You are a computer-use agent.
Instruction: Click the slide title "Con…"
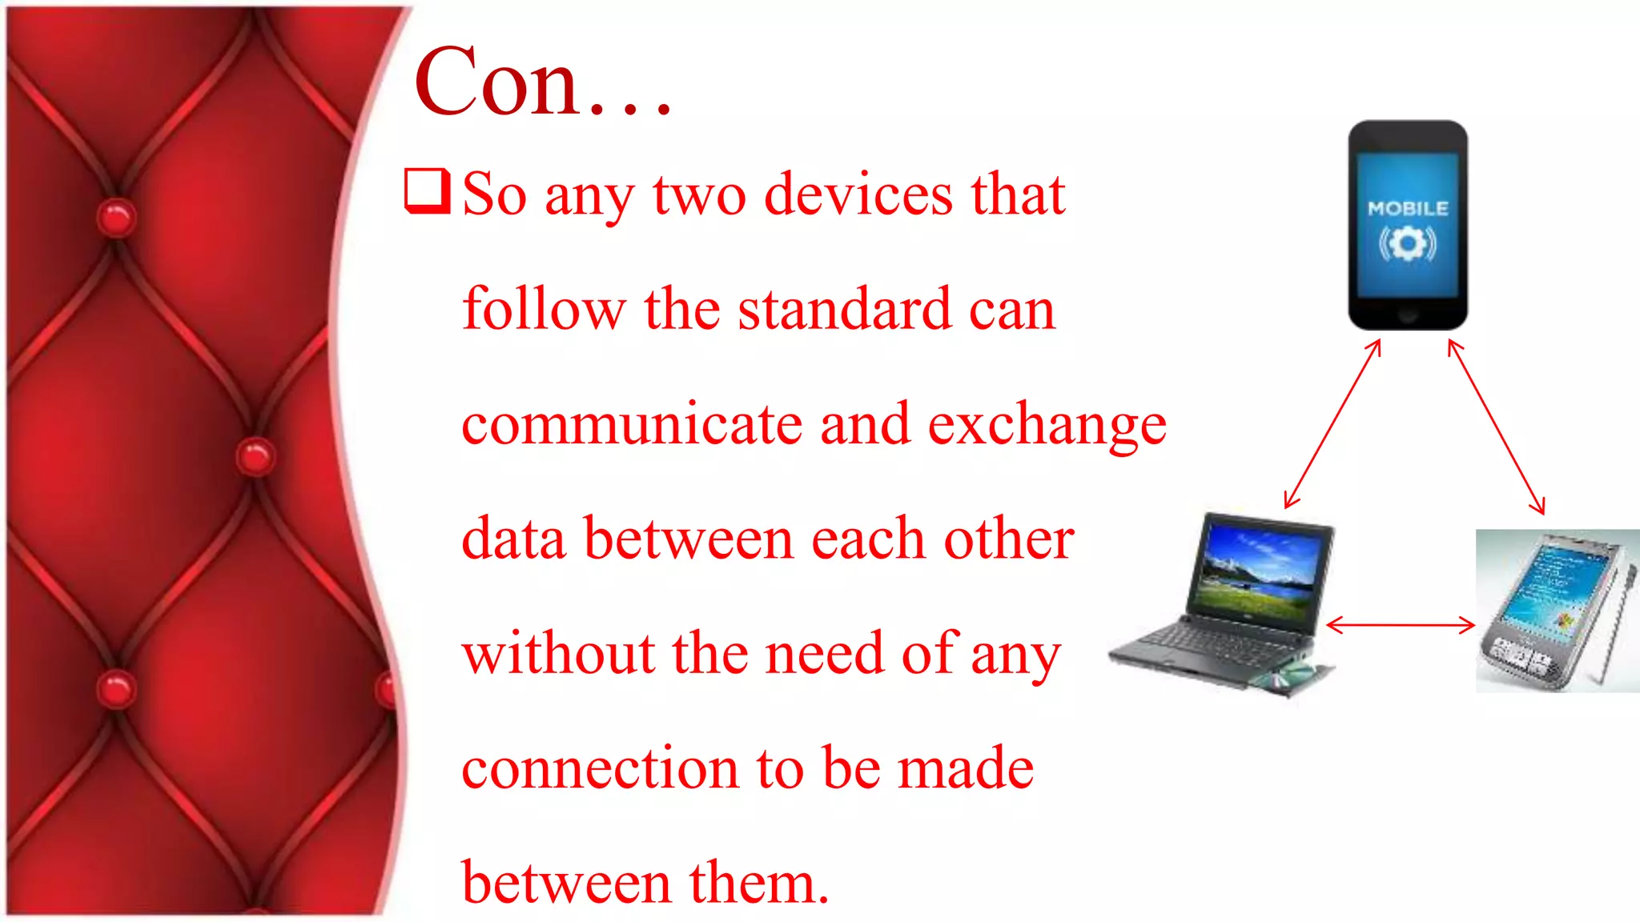tap(542, 82)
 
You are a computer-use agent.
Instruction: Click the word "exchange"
tap(1047, 425)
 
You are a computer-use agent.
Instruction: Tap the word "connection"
tap(600, 768)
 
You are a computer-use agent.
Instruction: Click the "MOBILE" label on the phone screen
tap(1408, 209)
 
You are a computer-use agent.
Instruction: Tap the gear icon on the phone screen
tap(1408, 243)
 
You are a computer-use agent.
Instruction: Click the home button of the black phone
tap(1408, 315)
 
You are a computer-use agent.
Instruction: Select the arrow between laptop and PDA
tap(1401, 625)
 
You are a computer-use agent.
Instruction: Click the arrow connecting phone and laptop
tap(1332, 423)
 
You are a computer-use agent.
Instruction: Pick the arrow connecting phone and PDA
tap(1496, 427)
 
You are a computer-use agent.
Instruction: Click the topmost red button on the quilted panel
tap(116, 217)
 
